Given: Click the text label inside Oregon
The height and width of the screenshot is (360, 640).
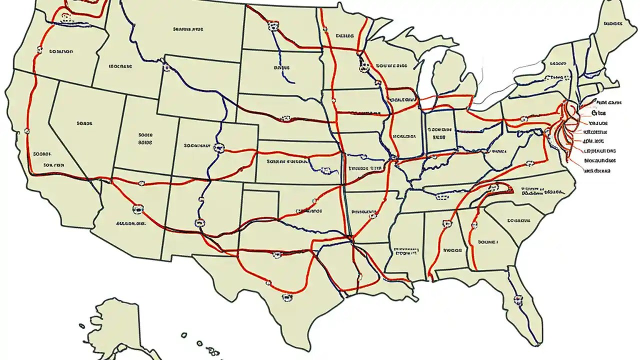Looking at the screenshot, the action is pyautogui.click(x=61, y=51).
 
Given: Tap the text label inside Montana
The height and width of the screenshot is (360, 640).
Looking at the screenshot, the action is pyautogui.click(x=188, y=29).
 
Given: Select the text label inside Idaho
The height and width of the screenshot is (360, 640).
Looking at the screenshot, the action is pyautogui.click(x=120, y=65).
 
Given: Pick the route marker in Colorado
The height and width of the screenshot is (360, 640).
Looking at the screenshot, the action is pyautogui.click(x=217, y=147).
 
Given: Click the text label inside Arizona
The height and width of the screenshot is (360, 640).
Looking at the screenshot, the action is pyautogui.click(x=130, y=223).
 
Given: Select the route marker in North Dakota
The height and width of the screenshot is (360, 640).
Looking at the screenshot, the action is pyautogui.click(x=272, y=26).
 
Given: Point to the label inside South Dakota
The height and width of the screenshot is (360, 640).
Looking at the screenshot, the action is pyautogui.click(x=281, y=66).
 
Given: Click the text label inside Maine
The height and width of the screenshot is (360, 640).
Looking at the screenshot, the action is pyautogui.click(x=616, y=23).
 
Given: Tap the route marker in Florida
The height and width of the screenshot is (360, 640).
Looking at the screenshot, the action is pyautogui.click(x=517, y=300).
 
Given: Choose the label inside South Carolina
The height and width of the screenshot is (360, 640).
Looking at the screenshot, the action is pyautogui.click(x=518, y=220).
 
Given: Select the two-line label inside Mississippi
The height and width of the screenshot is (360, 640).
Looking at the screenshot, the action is pyautogui.click(x=405, y=250).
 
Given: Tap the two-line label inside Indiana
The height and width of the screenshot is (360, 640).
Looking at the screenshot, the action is pyautogui.click(x=438, y=132).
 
